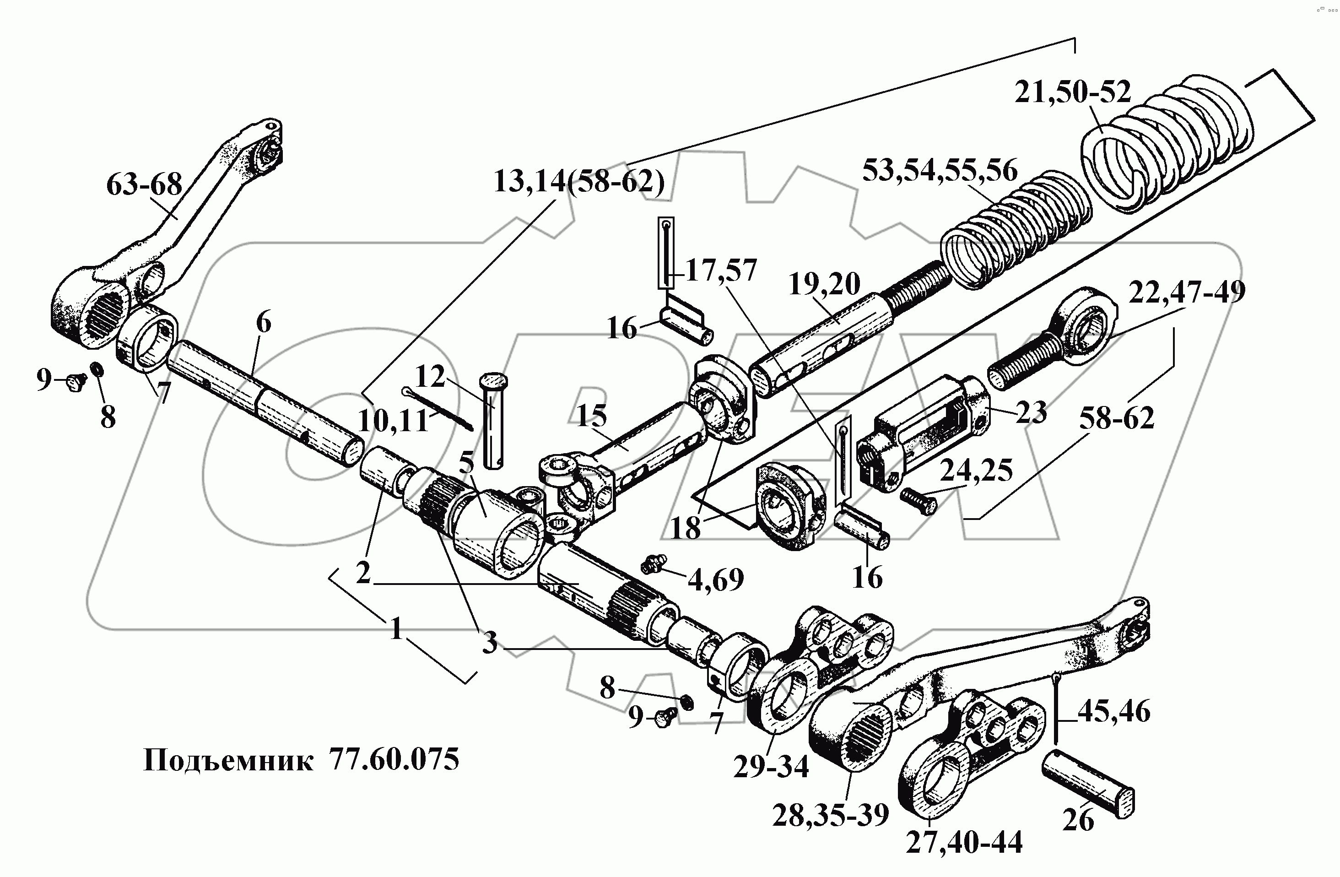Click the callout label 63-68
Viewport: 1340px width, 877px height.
pos(144,184)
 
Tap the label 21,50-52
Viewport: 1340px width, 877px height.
pos(1073,92)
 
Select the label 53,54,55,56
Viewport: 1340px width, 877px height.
pos(940,171)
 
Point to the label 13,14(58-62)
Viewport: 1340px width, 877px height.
pos(579,181)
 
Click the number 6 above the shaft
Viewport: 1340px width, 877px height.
pos(263,323)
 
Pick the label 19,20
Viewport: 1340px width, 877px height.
pos(824,284)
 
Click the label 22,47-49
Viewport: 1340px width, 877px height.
pos(1186,291)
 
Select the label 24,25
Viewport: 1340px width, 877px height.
pos(976,469)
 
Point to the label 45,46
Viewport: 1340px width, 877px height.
pos(1113,711)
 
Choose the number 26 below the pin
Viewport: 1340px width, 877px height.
pos(1078,820)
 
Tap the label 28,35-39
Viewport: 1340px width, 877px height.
pos(831,815)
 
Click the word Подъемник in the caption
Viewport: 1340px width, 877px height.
pos(228,760)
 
